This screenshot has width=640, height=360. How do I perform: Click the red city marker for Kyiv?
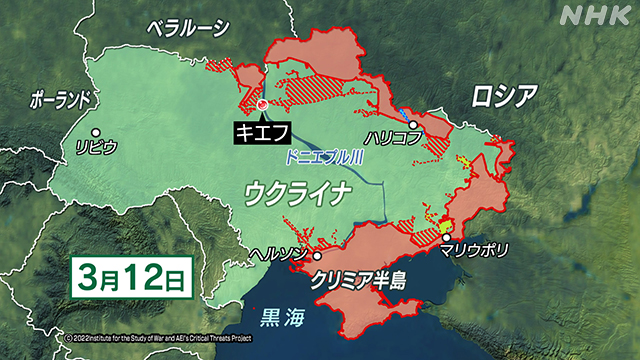click(262, 104)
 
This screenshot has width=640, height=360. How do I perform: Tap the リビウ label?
click(96, 147)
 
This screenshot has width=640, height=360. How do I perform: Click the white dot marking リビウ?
click(95, 131)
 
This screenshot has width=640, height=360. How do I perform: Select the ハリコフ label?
click(395, 141)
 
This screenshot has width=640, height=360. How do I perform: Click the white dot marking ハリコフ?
click(412, 125)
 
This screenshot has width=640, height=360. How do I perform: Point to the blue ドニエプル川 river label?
click(324, 158)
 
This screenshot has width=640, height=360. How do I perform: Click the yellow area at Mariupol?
click(447, 226)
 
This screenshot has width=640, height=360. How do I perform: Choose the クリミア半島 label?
click(357, 276)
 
